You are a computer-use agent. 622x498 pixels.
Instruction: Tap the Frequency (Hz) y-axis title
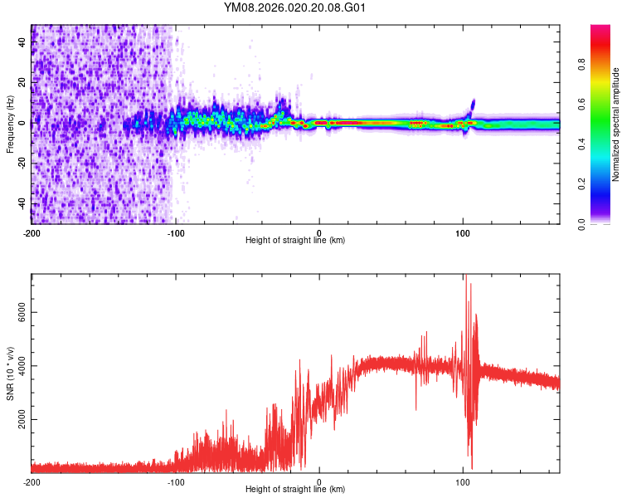click(x=10, y=124)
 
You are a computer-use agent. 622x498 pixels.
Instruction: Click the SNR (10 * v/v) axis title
click(x=10, y=372)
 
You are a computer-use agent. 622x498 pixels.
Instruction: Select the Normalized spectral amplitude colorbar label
click(x=615, y=124)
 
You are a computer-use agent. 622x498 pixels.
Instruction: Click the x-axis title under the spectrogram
click(x=295, y=241)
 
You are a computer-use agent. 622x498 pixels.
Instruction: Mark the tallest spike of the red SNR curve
click(x=465, y=276)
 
